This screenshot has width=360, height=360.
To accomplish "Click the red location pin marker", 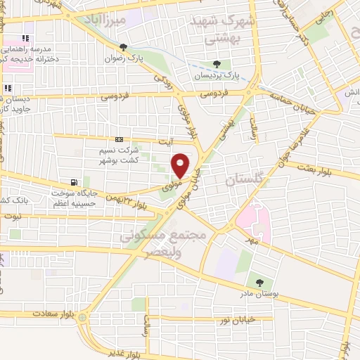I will coord(181,165).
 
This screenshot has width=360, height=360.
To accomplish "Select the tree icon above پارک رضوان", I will coord(124,48).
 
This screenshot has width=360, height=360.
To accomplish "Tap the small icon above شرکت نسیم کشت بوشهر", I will coord(120,139).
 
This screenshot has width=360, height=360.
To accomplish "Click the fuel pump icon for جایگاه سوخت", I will coord(85,181).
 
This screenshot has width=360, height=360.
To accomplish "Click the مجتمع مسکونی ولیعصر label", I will coord(167,243).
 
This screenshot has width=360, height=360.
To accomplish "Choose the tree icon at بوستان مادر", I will coord(261,282).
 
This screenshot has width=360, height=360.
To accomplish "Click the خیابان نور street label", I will coord(234,321).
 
